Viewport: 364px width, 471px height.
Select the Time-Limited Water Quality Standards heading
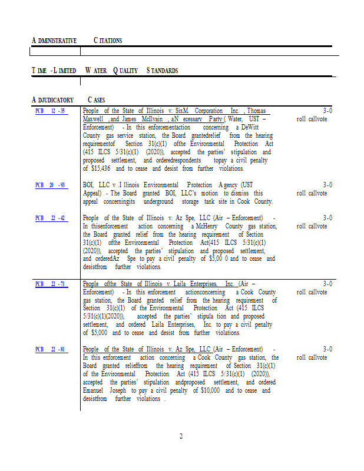pyautogui.click(x=105, y=71)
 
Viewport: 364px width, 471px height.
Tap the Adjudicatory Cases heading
pyautogui.click(x=68, y=100)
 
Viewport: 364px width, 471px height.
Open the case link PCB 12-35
pyautogui.click(x=51, y=111)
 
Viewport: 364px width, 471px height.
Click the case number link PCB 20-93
pyautogui.click(x=51, y=185)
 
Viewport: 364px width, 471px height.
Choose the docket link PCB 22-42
pyautogui.click(x=51, y=218)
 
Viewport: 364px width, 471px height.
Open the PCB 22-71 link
pyautogui.click(x=51, y=284)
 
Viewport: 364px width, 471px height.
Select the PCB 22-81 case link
pyautogui.click(x=51, y=349)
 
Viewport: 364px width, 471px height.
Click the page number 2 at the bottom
pyautogui.click(x=181, y=436)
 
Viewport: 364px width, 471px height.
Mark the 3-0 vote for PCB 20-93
pyautogui.click(x=328, y=185)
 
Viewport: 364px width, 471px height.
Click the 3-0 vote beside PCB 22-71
pyautogui.click(x=328, y=284)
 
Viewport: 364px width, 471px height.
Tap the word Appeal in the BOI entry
pyautogui.click(x=94, y=193)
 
